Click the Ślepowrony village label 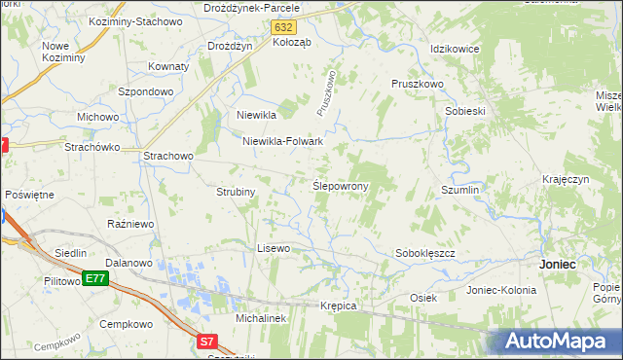(x=339, y=185)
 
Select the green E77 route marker (x=94, y=279)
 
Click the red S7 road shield (x=206, y=342)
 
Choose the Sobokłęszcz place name (x=425, y=253)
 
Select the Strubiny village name (x=236, y=192)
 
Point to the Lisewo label (x=274, y=248)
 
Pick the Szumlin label (x=460, y=190)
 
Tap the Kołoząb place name (x=291, y=42)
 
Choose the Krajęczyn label (x=567, y=180)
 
